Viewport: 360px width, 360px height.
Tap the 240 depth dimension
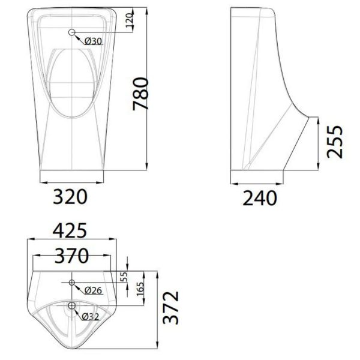click(x=259, y=196)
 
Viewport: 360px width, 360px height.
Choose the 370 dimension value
click(x=71, y=256)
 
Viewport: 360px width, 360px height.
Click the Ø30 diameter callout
click(x=93, y=41)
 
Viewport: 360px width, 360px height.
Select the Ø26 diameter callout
click(x=93, y=290)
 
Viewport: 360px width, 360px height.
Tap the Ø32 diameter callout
click(x=90, y=317)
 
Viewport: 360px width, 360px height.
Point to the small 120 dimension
click(x=128, y=22)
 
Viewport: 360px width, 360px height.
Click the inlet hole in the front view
click(x=72, y=32)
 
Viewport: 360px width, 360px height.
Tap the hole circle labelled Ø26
click(x=72, y=282)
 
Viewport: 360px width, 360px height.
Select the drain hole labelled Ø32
click(x=72, y=307)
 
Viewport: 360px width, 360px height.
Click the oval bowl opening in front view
click(x=71, y=81)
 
